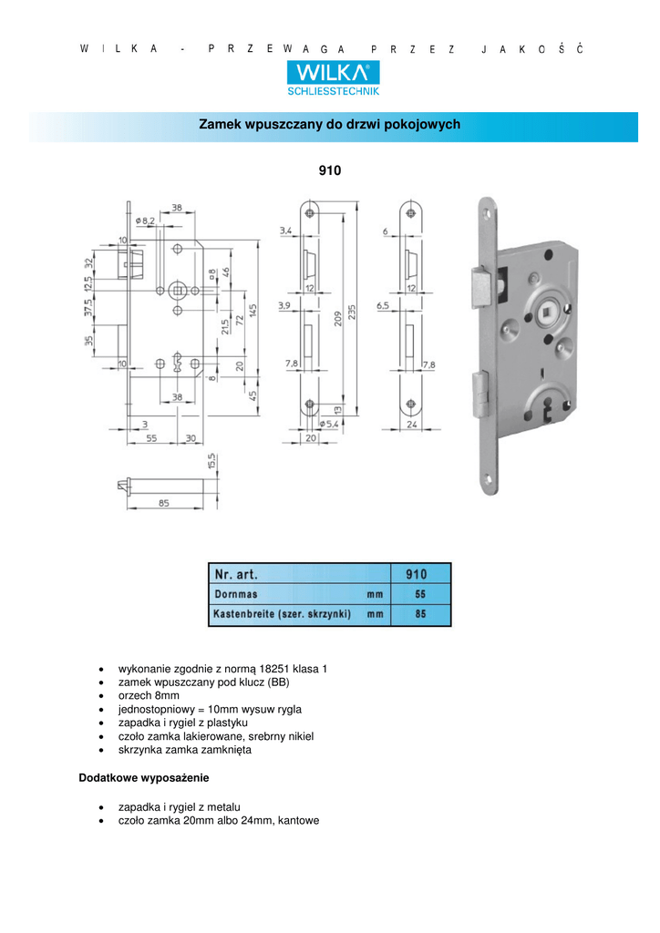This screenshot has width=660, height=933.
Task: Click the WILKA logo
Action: click(x=334, y=73)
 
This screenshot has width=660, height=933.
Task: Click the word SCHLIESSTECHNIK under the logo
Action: click(x=334, y=91)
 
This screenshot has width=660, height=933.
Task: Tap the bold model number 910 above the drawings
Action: click(x=330, y=170)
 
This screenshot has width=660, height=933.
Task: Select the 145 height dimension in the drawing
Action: click(x=253, y=311)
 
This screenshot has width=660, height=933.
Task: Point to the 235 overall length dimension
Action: click(x=352, y=312)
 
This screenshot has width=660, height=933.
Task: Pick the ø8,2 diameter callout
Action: click(x=145, y=220)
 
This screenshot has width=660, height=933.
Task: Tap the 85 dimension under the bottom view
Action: click(x=164, y=503)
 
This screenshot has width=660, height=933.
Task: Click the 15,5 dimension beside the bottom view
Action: click(x=211, y=462)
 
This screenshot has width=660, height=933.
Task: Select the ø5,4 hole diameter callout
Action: click(x=328, y=424)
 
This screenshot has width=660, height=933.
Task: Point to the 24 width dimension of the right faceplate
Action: click(x=412, y=425)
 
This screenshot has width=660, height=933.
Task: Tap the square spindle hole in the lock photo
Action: click(x=546, y=312)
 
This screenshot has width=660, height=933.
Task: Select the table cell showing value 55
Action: click(x=421, y=594)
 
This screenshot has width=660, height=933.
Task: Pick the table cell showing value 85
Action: click(x=421, y=614)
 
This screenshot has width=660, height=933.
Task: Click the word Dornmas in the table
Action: click(x=236, y=594)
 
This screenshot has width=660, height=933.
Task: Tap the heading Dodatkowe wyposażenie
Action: click(x=144, y=778)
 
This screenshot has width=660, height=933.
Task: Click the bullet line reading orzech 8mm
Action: click(x=149, y=695)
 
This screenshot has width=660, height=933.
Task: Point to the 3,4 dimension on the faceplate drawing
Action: click(x=285, y=231)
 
